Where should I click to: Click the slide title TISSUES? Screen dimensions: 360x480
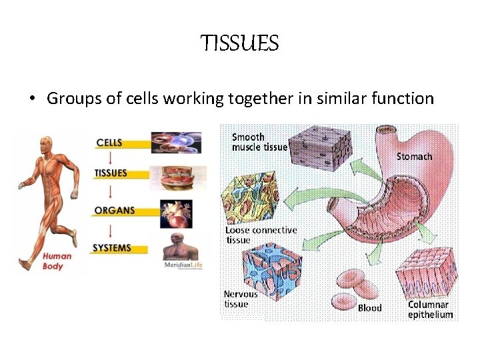point(239,45)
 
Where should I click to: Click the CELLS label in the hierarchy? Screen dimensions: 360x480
point(109,143)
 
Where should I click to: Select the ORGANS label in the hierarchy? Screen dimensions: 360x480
point(115,211)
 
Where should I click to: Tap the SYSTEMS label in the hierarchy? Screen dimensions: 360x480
point(112,248)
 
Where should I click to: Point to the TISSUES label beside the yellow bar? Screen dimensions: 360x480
point(111,173)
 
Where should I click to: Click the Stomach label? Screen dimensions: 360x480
point(414,157)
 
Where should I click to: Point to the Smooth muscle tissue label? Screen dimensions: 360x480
point(259,142)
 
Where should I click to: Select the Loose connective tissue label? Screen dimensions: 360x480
point(261,235)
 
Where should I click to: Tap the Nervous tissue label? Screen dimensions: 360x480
point(240,299)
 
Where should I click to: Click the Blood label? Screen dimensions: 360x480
point(370,308)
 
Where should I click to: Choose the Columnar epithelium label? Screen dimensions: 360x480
point(430,309)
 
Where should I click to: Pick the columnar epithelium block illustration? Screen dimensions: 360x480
point(430,273)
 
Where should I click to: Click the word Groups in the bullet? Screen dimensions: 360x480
point(71,99)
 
